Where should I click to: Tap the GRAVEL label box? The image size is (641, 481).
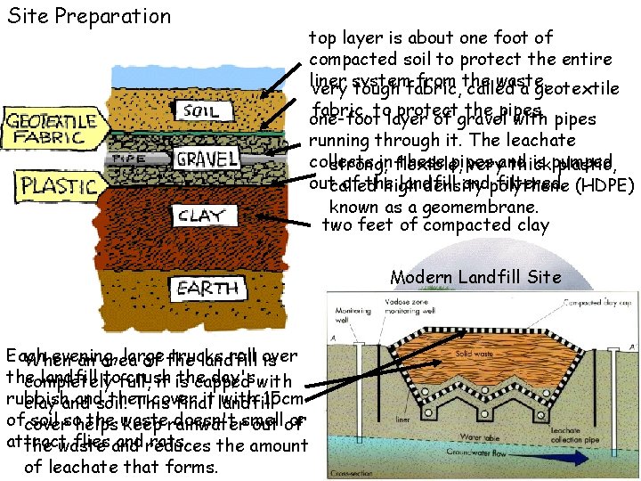pos(207,159)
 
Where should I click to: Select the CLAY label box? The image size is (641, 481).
pos(201,215)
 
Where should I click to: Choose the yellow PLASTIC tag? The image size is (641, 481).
pos(58,187)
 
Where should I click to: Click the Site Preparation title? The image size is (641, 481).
pos(88,16)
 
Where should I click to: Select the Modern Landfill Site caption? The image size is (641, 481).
pos(476,276)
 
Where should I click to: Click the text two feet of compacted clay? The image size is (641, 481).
pos(434,225)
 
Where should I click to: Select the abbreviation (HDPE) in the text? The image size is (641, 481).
pos(605,187)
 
